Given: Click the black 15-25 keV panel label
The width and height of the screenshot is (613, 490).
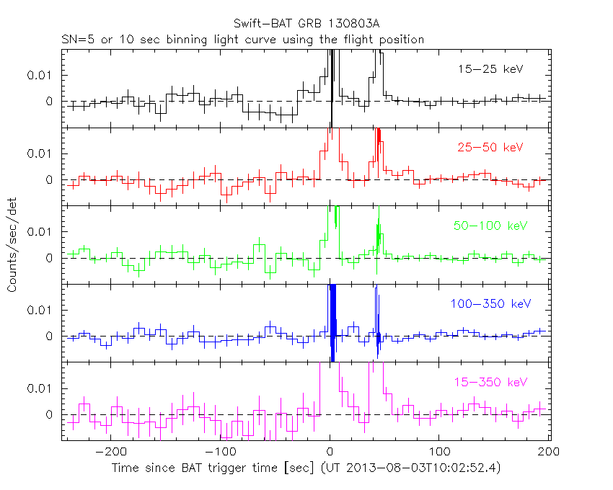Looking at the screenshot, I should (x=490, y=69).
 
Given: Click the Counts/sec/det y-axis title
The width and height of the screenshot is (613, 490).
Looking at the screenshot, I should (x=12, y=246).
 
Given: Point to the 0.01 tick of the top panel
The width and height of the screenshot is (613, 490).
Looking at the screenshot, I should (x=40, y=75).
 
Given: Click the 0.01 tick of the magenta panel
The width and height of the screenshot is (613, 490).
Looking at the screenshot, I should (x=40, y=388).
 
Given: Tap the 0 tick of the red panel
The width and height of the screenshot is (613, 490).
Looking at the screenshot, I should (x=50, y=179).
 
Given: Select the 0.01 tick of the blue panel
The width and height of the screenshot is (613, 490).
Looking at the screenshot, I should (x=40, y=310).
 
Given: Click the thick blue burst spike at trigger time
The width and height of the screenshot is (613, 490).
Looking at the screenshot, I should (x=332, y=317).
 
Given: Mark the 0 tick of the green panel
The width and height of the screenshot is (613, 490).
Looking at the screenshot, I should (x=50, y=258).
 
